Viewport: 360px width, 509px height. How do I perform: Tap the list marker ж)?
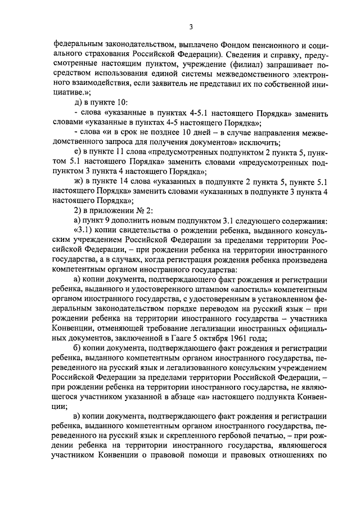tap(78, 181)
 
